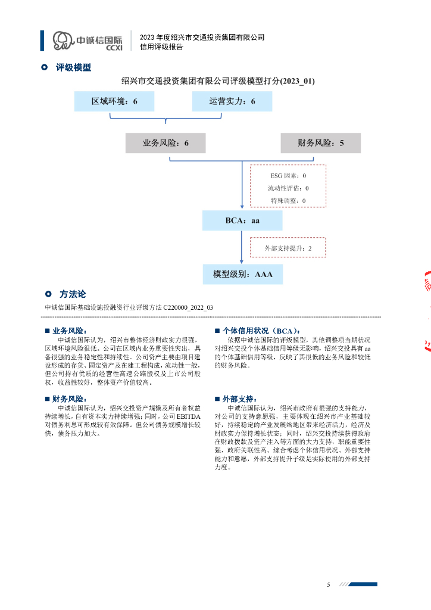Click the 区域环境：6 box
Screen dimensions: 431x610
114,102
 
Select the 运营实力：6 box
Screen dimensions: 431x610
232,102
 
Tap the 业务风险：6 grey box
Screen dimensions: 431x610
166,143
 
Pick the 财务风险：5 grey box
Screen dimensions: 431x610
321,143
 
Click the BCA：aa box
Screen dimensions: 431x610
242,220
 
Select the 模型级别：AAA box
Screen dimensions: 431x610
242,274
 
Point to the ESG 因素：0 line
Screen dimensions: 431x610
288,176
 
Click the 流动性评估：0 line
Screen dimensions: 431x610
288,188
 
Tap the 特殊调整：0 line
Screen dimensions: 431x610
288,201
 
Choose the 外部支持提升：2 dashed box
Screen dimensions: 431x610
288,248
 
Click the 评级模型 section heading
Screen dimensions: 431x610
73,67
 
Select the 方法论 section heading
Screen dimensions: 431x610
73,294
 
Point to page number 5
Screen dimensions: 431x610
328,585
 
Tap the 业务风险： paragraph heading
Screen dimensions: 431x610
70,331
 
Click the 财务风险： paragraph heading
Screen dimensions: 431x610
70,399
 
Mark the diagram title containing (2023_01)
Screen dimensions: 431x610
218,80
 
